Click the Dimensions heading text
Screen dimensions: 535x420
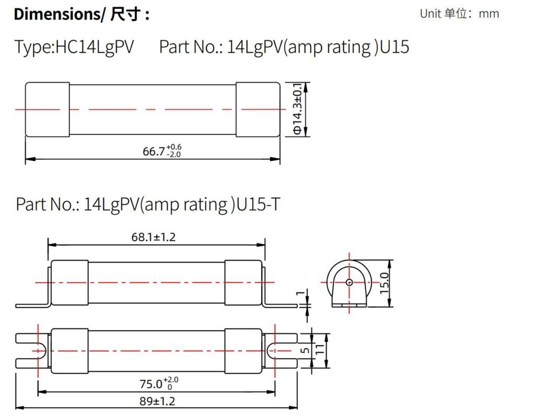pos(82,14)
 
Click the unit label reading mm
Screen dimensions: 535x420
pos(489,14)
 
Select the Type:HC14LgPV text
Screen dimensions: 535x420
pos(74,46)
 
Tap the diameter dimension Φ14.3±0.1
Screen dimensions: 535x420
pos(297,109)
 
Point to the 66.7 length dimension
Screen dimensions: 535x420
pos(162,150)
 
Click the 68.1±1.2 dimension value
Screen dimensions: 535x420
pos(154,237)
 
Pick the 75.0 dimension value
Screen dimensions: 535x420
pos(159,383)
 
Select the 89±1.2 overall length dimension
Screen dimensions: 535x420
pos(157,401)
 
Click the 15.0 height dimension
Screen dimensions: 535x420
pos(384,283)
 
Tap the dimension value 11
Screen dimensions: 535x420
pos(320,349)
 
